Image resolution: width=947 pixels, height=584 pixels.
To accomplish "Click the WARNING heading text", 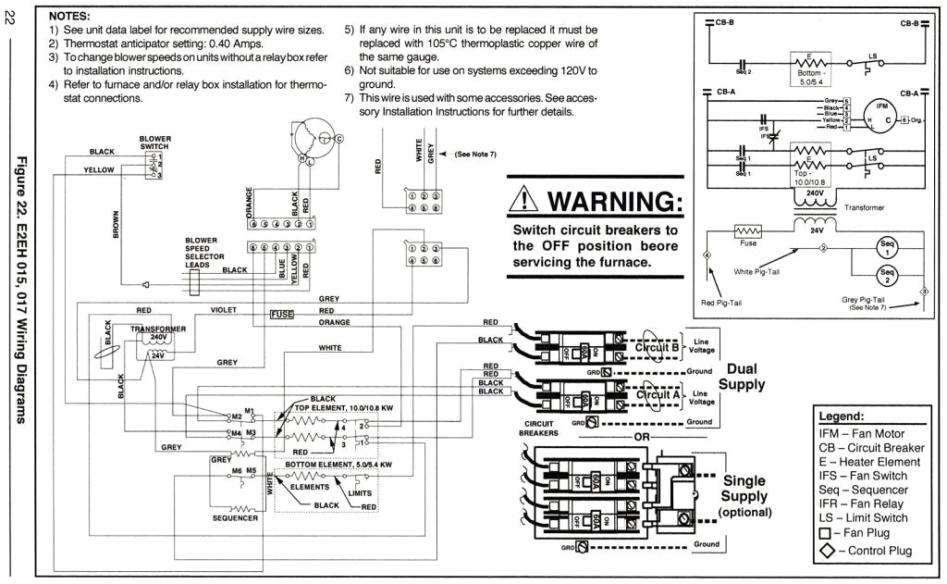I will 615,201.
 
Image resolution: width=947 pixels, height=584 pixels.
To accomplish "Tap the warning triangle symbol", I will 525,200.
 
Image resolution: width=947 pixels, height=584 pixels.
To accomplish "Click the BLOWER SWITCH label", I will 155,143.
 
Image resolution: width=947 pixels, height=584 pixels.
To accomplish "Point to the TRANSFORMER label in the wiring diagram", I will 157,329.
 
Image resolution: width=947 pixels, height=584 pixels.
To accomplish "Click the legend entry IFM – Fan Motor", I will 861,433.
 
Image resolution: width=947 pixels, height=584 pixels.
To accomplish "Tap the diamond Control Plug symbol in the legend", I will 826,551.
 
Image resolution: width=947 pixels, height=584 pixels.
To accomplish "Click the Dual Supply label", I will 742,376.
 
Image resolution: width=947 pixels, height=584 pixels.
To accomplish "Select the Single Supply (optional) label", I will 744,495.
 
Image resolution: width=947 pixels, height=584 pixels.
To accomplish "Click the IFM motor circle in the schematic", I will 881,114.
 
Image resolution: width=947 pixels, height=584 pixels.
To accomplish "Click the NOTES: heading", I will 69,17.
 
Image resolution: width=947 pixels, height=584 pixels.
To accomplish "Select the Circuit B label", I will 658,348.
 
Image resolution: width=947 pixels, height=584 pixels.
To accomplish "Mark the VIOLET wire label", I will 224,309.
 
